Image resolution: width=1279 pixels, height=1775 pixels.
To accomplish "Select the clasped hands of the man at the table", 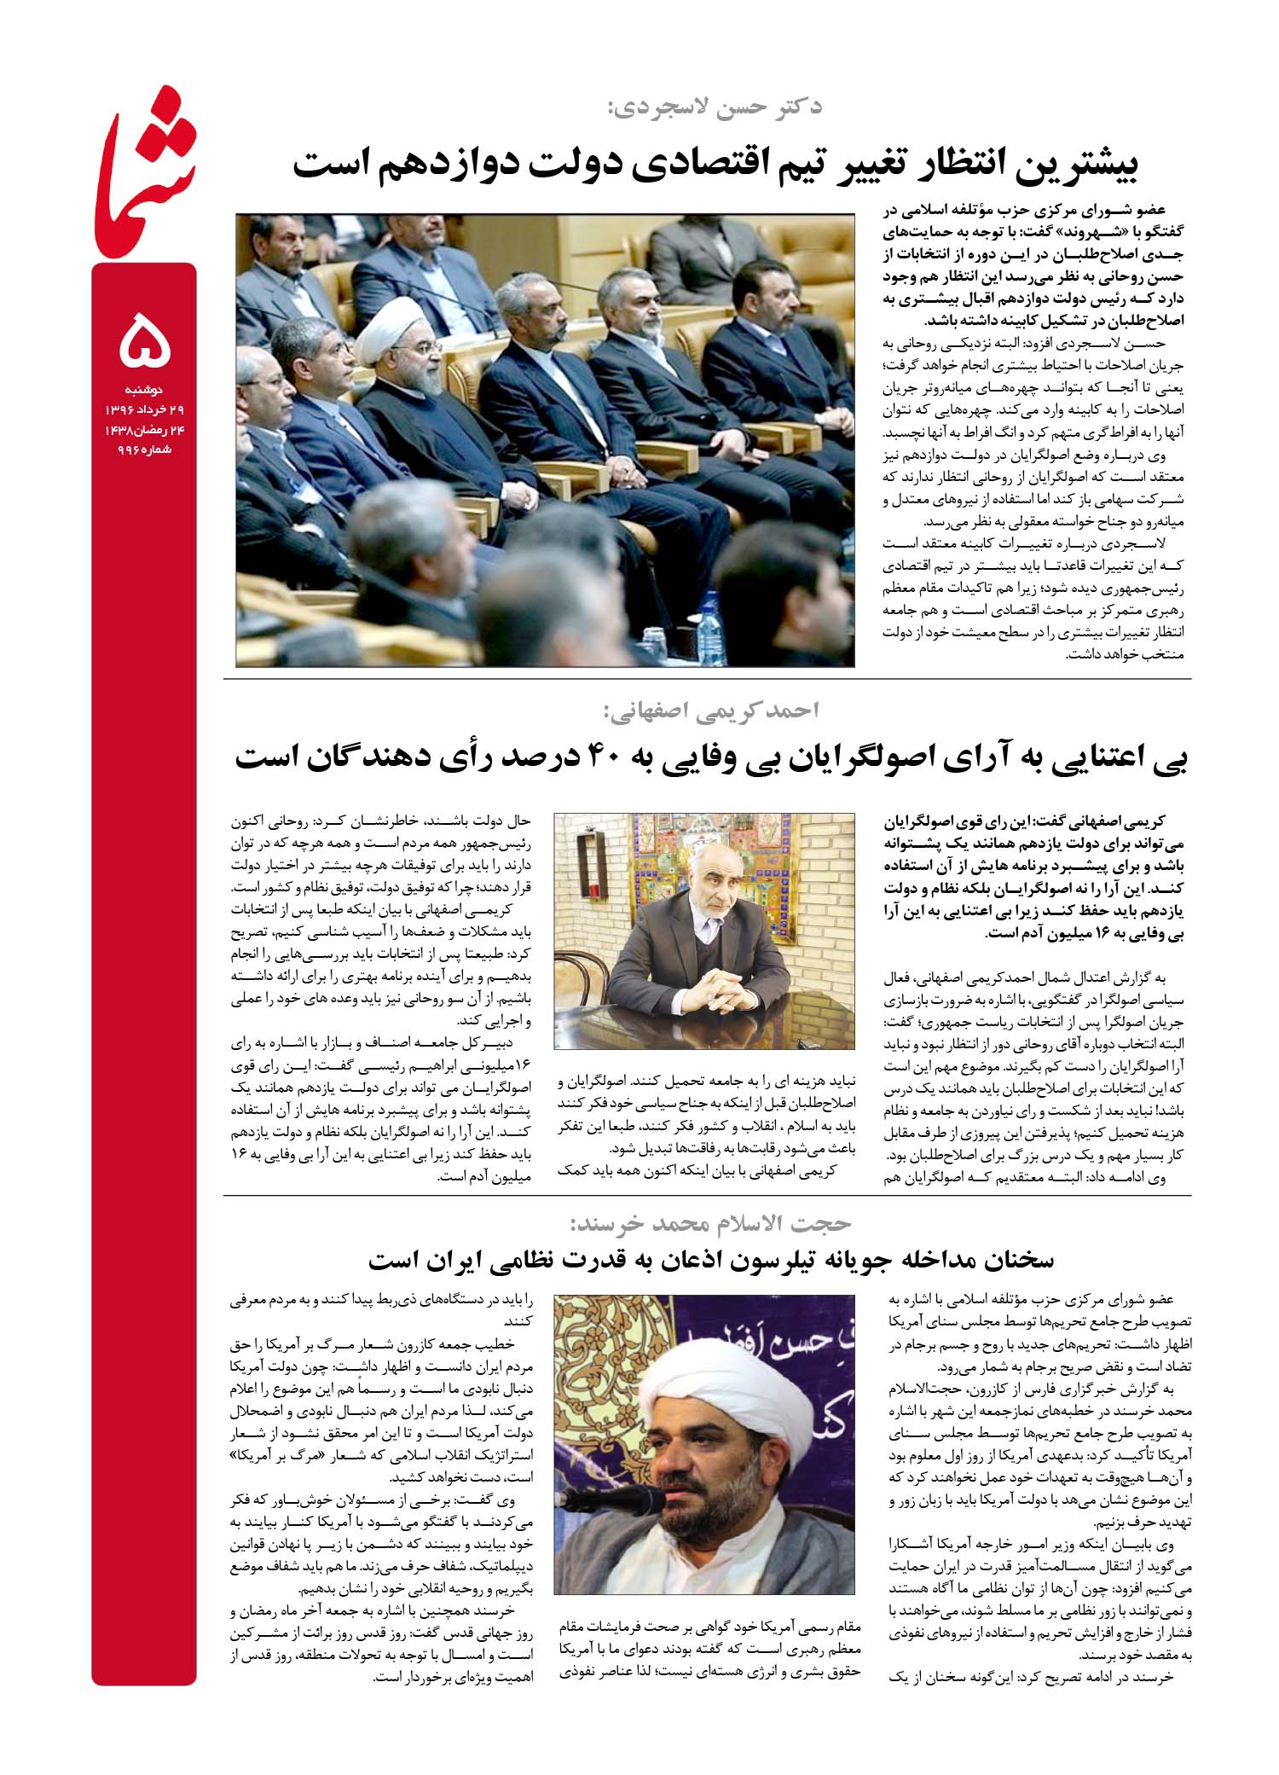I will pos(713,989).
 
